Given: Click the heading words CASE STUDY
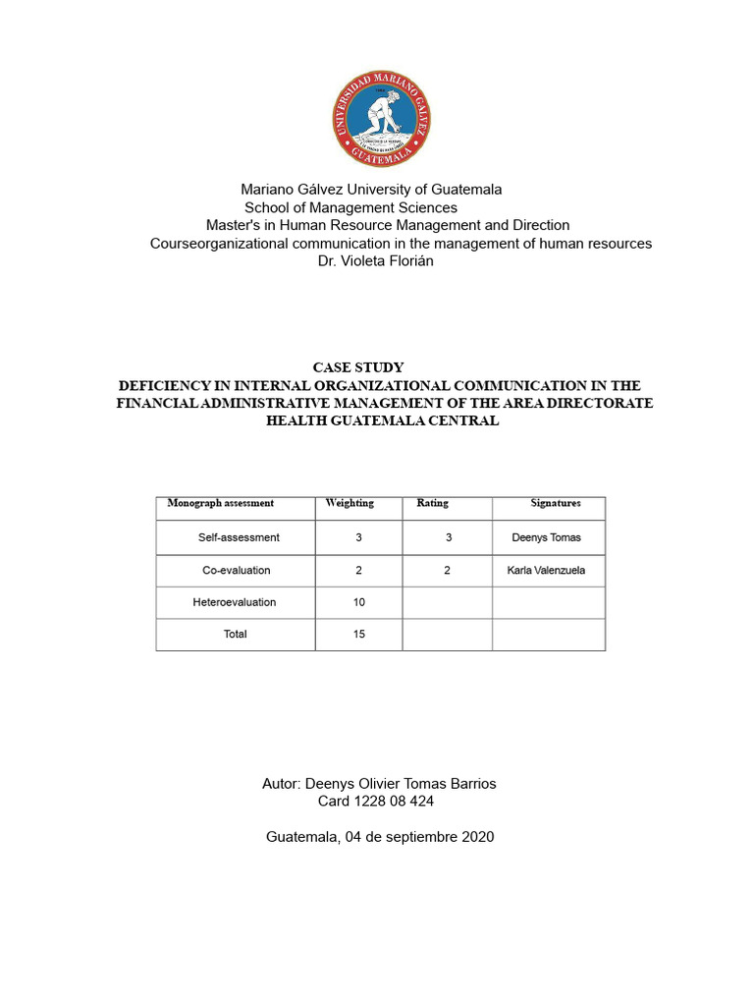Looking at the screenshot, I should [x=358, y=367].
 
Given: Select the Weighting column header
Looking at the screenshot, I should [x=350, y=503].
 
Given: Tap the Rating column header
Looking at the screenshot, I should [x=432, y=503].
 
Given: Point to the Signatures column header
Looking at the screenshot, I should [x=556, y=503].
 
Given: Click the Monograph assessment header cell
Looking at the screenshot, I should [x=221, y=503].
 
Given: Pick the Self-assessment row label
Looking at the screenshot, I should [x=239, y=537].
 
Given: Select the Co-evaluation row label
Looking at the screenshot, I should [x=236, y=570].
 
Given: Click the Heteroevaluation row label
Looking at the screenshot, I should [x=235, y=601].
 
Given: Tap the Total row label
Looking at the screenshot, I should [x=236, y=634].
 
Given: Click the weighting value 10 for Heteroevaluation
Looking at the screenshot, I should [x=359, y=601].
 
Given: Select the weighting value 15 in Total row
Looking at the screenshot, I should [x=359, y=634].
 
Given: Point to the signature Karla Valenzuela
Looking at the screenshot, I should [x=546, y=570].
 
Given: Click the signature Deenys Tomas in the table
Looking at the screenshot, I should [x=546, y=537].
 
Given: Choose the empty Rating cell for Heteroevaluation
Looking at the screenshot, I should [x=447, y=601].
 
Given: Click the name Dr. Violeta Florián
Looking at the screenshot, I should [x=376, y=261].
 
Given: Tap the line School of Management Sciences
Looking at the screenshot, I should [x=350, y=207].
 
